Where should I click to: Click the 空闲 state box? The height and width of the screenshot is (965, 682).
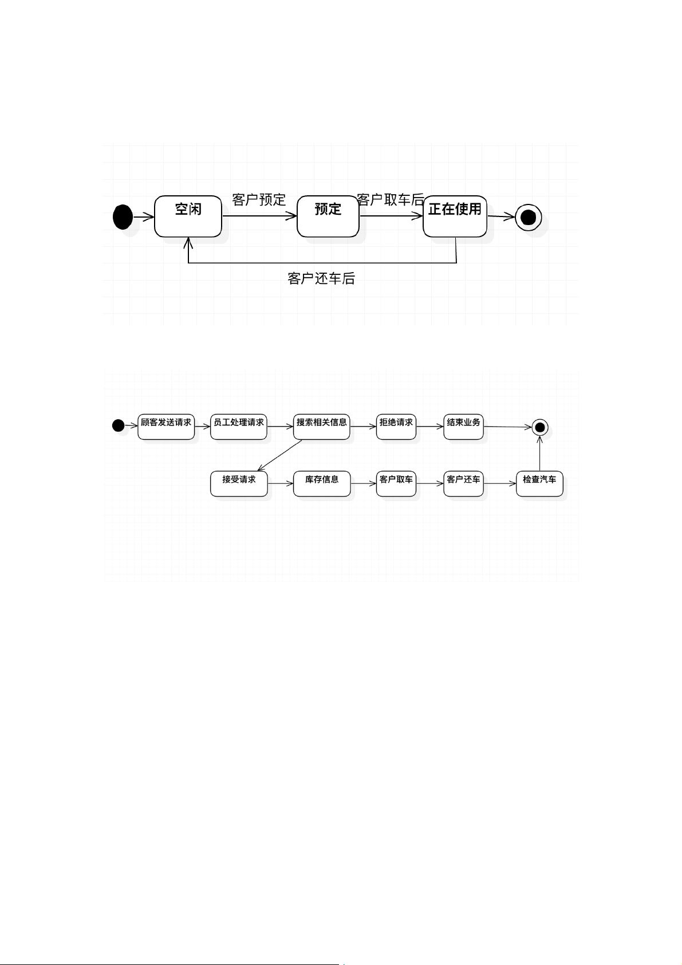point(188,216)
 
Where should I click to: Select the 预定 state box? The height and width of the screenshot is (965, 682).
point(328,216)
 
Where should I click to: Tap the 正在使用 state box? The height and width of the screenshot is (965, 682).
point(455,216)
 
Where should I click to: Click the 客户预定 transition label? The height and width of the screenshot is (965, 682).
point(259,200)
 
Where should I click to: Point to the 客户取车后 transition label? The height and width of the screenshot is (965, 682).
point(391,200)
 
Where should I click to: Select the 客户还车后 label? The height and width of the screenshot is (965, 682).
point(321,278)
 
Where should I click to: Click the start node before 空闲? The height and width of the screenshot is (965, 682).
point(123,217)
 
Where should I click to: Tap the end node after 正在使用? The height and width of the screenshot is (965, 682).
point(528,218)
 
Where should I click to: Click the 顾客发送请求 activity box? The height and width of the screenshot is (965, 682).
point(166,427)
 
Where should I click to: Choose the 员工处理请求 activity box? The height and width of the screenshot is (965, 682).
point(239,427)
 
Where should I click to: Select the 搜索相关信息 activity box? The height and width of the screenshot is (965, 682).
point(322,427)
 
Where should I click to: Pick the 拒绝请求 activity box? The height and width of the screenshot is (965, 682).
point(396,427)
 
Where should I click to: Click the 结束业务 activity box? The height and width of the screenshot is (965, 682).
point(464,427)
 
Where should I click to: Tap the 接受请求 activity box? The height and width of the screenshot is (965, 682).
point(239,483)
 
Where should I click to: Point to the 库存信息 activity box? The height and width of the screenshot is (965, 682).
point(322,483)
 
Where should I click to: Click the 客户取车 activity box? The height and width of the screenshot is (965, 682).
point(396,483)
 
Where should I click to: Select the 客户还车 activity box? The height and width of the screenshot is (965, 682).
point(464,483)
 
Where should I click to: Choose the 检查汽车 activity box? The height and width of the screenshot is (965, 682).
point(539,483)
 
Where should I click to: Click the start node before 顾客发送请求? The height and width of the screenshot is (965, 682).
point(118,426)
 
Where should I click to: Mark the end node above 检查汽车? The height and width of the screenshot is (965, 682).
point(539,427)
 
